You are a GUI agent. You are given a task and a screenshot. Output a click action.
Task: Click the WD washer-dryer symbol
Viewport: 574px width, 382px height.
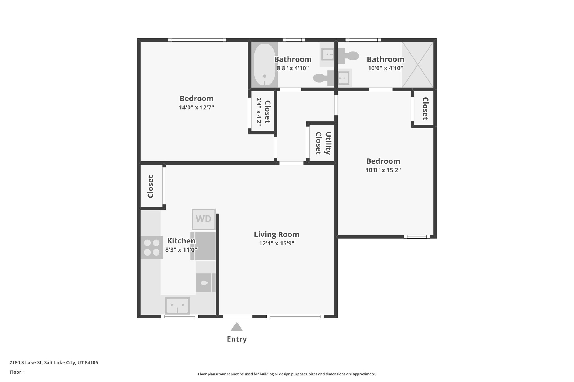[x=203, y=219]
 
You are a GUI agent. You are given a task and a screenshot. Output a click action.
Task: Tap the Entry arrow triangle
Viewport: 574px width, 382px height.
[x=237, y=327]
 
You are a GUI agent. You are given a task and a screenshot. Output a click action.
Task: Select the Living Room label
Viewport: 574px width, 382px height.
[x=277, y=235]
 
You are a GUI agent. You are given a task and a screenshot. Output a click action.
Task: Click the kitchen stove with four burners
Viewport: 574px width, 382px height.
[x=152, y=247]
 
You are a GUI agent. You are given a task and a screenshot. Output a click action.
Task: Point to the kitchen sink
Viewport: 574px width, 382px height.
[x=177, y=306]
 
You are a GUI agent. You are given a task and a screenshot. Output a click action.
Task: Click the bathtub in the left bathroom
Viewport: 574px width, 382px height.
[x=264, y=65]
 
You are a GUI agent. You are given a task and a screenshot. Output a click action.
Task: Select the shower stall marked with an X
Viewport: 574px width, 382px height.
[x=418, y=65]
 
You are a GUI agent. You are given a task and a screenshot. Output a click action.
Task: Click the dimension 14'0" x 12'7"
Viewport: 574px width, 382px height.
[x=196, y=107]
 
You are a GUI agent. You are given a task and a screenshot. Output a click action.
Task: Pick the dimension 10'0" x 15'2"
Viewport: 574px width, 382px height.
[x=383, y=170]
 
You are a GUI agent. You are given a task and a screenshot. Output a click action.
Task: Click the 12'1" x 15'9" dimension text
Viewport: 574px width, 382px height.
[x=277, y=243]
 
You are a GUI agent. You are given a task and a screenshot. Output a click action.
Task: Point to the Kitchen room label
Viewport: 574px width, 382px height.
[x=181, y=241]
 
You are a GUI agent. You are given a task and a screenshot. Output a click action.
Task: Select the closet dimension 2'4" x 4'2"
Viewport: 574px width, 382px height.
[x=259, y=112]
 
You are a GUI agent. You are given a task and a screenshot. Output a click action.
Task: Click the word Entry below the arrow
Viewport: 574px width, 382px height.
[x=237, y=339]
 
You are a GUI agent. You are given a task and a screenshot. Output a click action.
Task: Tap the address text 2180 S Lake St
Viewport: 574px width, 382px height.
[x=26, y=363]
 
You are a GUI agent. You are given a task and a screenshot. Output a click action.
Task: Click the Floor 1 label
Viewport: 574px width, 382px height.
[x=17, y=372]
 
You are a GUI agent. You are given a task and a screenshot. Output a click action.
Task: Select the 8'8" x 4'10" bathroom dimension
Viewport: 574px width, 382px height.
[x=293, y=68]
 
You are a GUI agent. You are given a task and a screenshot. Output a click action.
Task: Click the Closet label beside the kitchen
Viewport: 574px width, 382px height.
[x=151, y=187]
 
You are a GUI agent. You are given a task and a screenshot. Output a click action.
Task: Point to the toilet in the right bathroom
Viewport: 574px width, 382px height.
[x=348, y=56]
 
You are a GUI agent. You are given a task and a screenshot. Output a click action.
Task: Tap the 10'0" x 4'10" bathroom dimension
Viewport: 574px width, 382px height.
[x=386, y=68]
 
